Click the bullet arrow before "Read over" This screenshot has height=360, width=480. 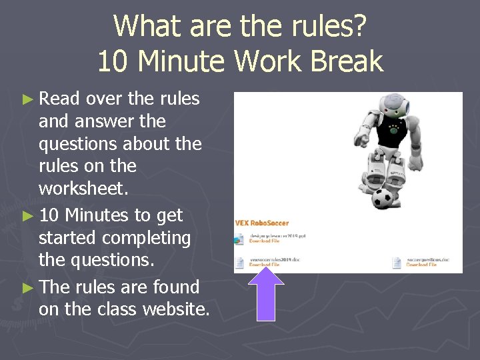[x=27, y=99]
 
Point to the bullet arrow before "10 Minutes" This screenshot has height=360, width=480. [x=27, y=216]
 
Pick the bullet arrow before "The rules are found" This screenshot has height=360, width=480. [x=27, y=288]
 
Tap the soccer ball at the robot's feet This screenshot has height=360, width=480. [x=383, y=198]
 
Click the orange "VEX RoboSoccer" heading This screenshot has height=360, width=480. [x=263, y=223]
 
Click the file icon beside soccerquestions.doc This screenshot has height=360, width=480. [x=397, y=261]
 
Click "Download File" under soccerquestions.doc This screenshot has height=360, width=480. [x=421, y=265]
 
